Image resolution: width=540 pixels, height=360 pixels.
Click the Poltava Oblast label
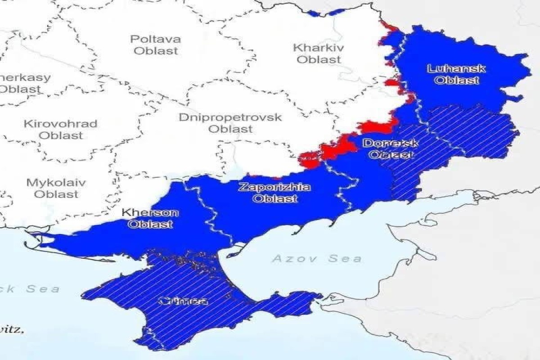156,45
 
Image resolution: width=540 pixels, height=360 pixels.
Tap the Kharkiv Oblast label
319,53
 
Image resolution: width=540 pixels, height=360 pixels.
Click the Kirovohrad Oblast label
60,129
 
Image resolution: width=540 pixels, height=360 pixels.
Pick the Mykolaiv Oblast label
56,189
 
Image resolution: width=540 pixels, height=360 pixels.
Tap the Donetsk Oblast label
390,149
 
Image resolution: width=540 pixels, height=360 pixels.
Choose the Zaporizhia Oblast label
274,193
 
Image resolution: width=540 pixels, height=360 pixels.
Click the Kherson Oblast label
150,218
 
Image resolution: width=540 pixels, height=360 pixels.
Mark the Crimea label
183,301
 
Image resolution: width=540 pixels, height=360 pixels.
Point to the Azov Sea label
316,258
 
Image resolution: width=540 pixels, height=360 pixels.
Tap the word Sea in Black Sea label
43,289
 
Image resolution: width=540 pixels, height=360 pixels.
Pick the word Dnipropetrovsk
230,117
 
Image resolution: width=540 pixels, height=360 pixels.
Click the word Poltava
156,39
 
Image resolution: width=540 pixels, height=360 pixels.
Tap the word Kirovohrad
60,123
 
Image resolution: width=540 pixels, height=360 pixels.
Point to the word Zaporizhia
274,187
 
